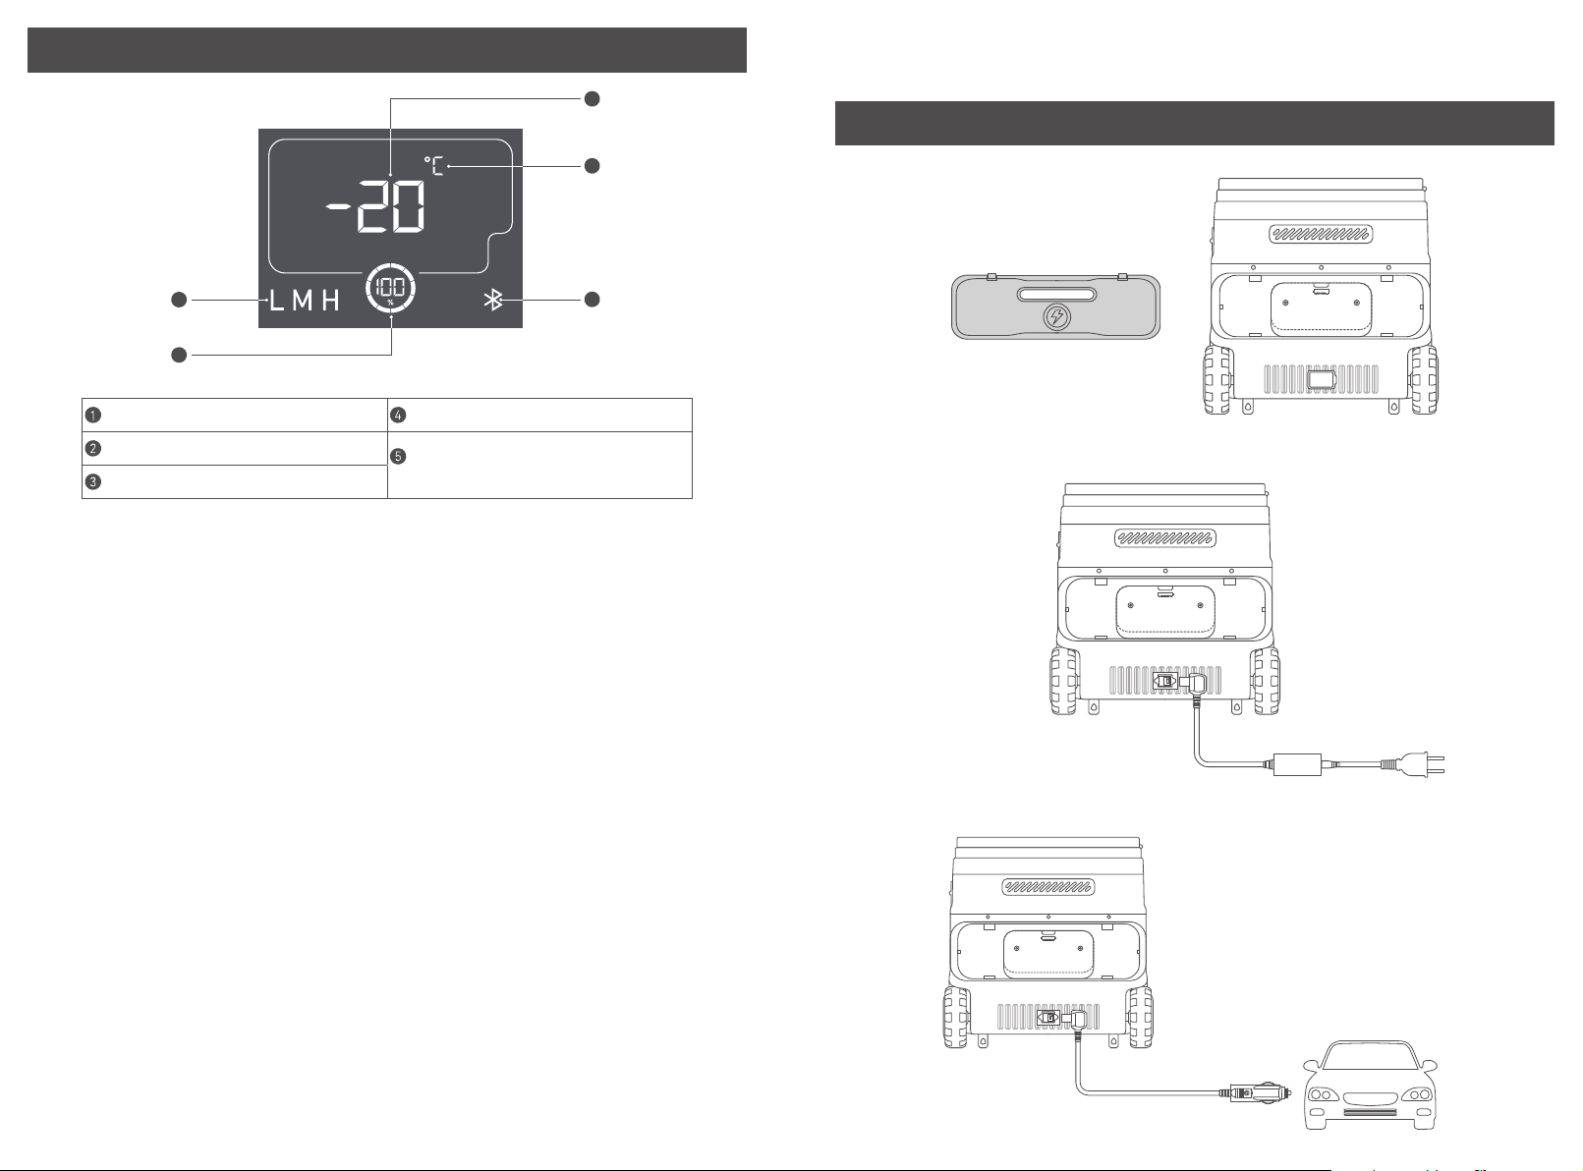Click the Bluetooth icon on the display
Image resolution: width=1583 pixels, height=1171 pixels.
[x=492, y=301]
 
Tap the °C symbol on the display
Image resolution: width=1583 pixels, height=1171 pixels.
[x=433, y=166]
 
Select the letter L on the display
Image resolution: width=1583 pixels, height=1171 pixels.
[x=276, y=302]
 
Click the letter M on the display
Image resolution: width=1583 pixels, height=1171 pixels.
[x=303, y=302]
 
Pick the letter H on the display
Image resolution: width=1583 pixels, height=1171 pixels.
[x=330, y=302]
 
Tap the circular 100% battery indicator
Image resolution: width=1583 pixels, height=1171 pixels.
[x=390, y=289]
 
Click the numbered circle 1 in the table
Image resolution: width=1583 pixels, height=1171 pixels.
[x=92, y=415]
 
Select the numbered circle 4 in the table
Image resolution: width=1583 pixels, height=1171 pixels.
[x=398, y=415]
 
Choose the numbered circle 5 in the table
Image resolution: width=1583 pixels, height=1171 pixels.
[x=398, y=456]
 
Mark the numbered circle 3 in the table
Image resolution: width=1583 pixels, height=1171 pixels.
[x=92, y=481]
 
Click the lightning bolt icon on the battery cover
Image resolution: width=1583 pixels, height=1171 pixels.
[x=1056, y=316]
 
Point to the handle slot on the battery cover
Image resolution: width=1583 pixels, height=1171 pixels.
[x=1057, y=295]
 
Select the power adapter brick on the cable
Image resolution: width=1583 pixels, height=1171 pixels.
[x=1297, y=764]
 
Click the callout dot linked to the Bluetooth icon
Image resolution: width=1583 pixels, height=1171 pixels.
[x=592, y=300]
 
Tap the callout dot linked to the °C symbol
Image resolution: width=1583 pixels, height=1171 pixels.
[x=592, y=166]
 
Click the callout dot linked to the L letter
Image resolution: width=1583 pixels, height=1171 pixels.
[x=179, y=301]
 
